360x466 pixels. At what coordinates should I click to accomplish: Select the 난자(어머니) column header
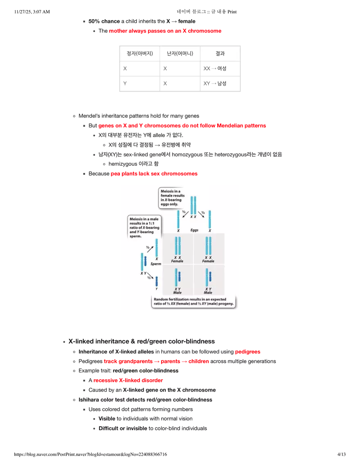point(180,54)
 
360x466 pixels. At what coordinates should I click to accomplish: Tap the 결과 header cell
point(220,54)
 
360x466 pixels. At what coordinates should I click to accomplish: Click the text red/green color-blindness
point(146,371)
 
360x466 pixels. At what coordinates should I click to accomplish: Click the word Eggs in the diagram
point(194,230)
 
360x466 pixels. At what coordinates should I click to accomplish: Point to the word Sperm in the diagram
point(155,264)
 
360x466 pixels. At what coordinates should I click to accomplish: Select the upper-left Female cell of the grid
point(178,249)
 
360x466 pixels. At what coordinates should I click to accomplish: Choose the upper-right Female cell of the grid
point(208,249)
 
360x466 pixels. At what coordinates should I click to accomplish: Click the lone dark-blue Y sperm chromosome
point(156,281)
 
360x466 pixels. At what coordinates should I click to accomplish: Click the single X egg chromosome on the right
point(209,220)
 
